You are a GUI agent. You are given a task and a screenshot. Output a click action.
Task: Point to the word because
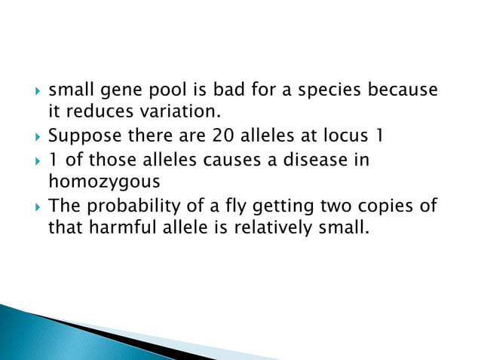(x=403, y=90)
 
